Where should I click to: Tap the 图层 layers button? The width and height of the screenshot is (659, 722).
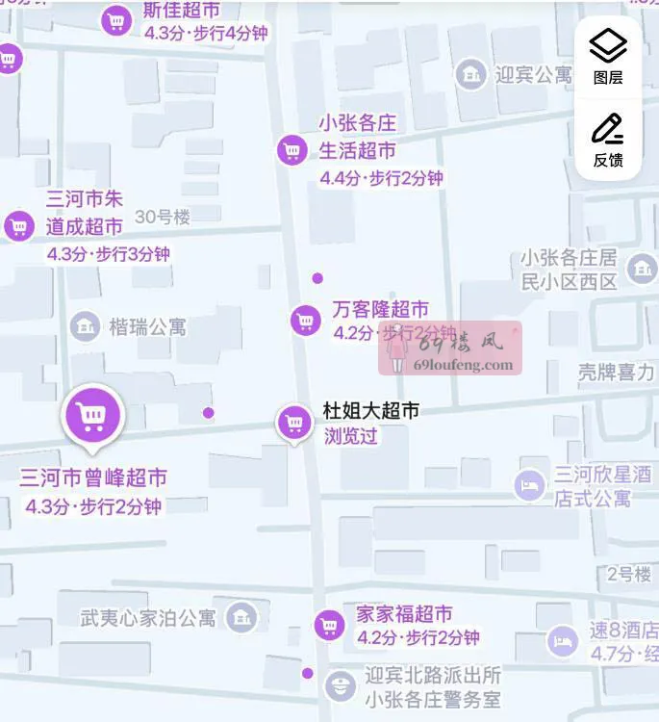(x=607, y=56)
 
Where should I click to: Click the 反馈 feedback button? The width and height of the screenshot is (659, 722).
(x=607, y=140)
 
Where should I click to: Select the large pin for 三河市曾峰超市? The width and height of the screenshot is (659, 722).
(x=91, y=416)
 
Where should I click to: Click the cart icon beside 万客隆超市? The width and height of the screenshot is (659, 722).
(x=305, y=320)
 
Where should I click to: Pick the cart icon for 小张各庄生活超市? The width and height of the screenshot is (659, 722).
(x=291, y=149)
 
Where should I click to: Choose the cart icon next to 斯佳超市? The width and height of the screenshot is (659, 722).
(x=116, y=20)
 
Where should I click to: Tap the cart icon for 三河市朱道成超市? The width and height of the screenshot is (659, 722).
(x=18, y=226)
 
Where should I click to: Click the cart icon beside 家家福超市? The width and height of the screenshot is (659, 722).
(x=329, y=626)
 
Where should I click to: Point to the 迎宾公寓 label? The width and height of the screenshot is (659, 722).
(x=533, y=74)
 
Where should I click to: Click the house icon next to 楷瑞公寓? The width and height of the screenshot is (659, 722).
(x=86, y=326)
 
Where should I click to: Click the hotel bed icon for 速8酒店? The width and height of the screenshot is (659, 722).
(x=562, y=640)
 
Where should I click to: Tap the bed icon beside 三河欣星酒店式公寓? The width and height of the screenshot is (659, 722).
(x=529, y=484)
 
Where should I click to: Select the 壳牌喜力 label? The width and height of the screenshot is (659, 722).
(x=616, y=372)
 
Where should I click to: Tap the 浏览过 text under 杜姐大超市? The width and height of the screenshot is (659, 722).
(x=351, y=435)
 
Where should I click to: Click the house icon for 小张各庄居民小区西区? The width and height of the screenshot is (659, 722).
(x=641, y=269)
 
